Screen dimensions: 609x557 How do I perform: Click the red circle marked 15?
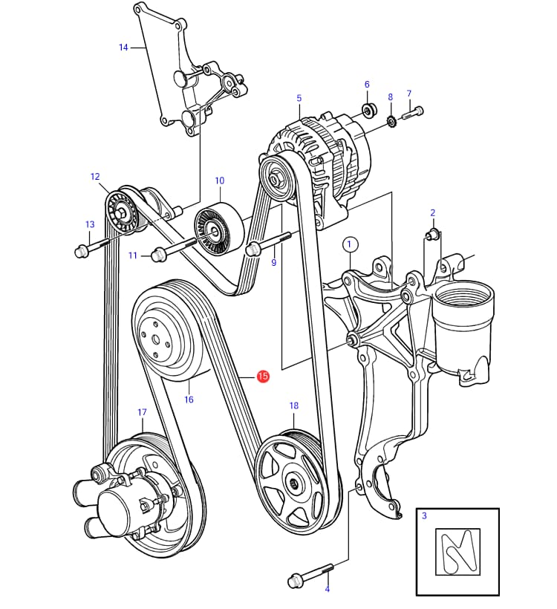click(x=263, y=377)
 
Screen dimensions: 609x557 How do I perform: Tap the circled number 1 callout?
click(x=351, y=244)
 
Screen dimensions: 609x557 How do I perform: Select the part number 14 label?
click(x=124, y=48)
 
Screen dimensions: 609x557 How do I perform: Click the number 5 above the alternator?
click(x=299, y=98)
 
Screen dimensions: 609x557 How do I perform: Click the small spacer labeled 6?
click(x=367, y=111)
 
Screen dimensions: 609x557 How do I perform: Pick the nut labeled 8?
click(x=391, y=120)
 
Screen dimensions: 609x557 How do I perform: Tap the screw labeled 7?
click(x=413, y=114)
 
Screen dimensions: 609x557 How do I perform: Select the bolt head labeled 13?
click(x=82, y=251)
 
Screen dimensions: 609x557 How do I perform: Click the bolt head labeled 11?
click(x=157, y=255)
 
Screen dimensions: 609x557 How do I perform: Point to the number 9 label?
click(x=273, y=262)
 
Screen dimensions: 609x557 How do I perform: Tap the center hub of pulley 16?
click(x=157, y=339)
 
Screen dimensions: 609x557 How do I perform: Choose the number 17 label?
click(x=142, y=412)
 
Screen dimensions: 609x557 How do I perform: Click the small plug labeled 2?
click(x=431, y=235)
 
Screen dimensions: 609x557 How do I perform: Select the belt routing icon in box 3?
click(x=457, y=551)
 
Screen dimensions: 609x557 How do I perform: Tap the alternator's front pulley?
click(x=275, y=178)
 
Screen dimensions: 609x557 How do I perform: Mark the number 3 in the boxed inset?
click(x=424, y=515)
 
